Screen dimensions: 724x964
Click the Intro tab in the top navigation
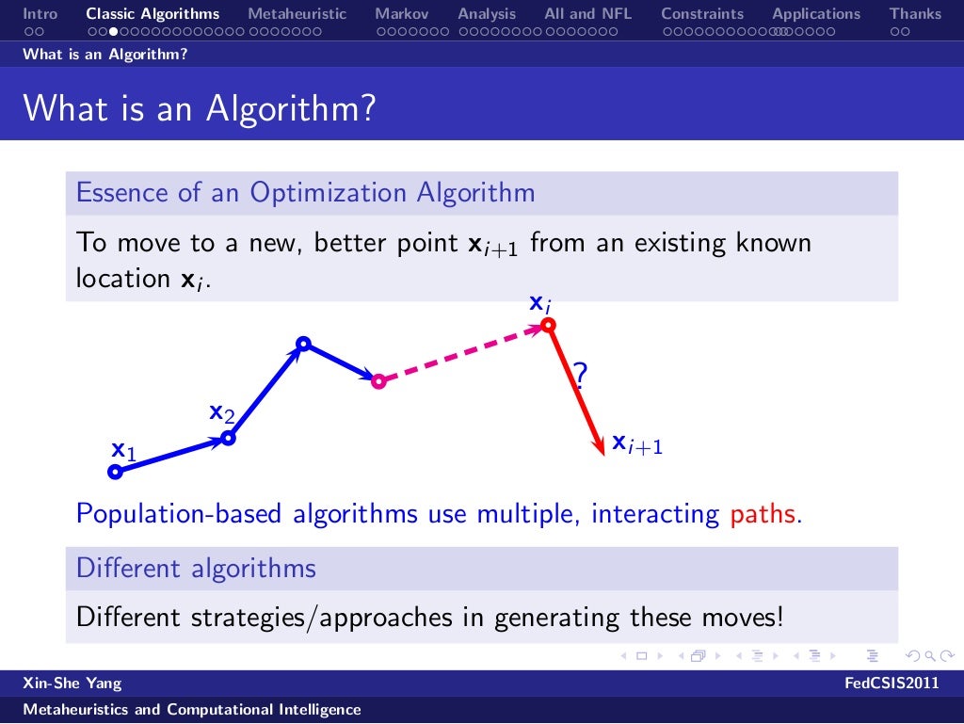(x=40, y=14)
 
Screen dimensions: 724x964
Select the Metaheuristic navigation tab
(x=297, y=14)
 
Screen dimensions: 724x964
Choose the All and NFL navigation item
(x=587, y=14)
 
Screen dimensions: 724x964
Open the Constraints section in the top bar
(x=701, y=14)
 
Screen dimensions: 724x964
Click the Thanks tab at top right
(x=915, y=14)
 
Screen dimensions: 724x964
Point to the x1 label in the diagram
(x=123, y=451)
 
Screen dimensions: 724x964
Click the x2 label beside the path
(x=221, y=412)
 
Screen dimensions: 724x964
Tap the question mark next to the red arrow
(x=581, y=378)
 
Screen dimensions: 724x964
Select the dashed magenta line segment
(x=461, y=353)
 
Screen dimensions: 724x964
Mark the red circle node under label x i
(x=548, y=326)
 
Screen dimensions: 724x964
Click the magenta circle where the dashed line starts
(x=378, y=381)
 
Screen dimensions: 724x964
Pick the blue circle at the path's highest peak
(x=302, y=344)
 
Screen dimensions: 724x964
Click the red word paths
(x=763, y=515)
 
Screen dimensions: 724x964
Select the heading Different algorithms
(x=196, y=569)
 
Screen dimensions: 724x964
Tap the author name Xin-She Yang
(x=72, y=684)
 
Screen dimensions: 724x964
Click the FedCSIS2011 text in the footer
(x=892, y=684)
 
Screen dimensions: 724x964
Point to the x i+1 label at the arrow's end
(x=637, y=443)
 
